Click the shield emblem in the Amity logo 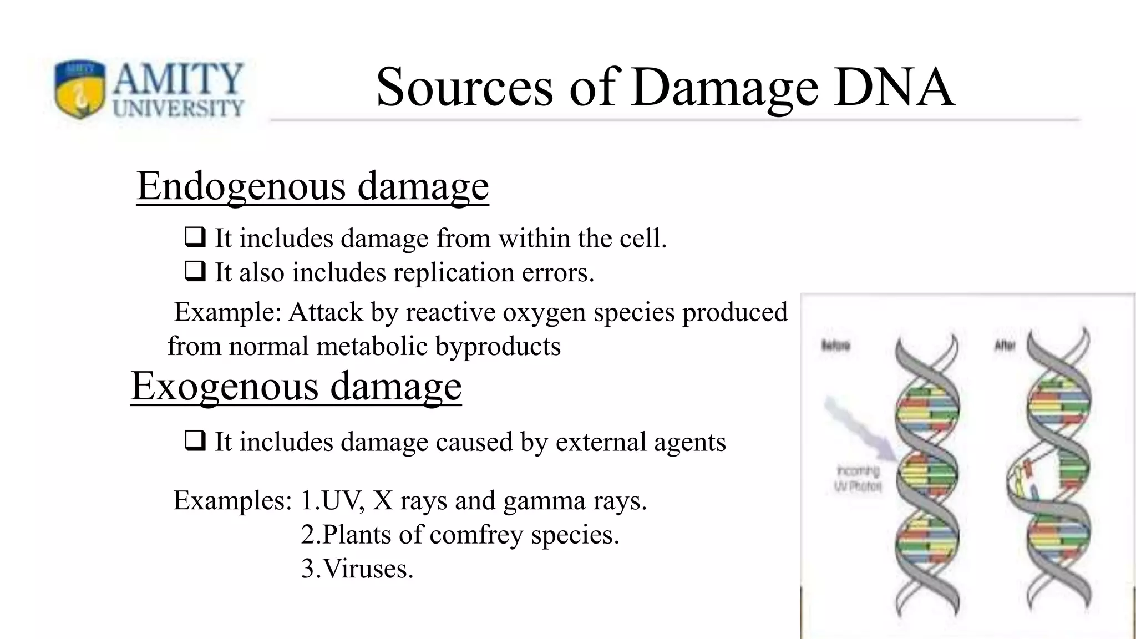[80, 89]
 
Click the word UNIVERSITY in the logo [179, 108]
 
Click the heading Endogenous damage [312, 186]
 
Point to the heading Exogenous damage [296, 386]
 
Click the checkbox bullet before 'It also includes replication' [195, 272]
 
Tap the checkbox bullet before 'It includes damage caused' [195, 442]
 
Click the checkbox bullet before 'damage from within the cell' [195, 238]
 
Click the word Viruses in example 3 [367, 569]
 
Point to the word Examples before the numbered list [232, 500]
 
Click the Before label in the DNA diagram [835, 346]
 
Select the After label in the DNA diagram [1005, 346]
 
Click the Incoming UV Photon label [858, 479]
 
